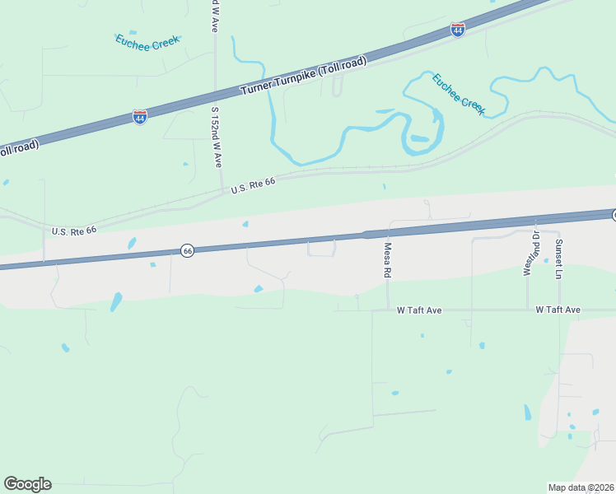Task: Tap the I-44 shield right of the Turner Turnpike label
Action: pos(458,30)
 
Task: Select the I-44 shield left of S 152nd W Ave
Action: pos(140,117)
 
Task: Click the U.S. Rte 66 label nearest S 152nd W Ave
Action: pos(253,187)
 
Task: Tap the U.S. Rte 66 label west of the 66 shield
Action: pos(73,231)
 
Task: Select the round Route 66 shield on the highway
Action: pos(188,250)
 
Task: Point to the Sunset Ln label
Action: pos(558,258)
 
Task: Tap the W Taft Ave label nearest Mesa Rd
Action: pos(419,310)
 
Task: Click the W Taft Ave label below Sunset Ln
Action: pos(558,310)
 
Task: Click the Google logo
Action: pos(28,484)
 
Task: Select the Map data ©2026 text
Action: pos(580,487)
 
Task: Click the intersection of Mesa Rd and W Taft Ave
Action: pos(387,310)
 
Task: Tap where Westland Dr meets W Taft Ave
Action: pos(528,310)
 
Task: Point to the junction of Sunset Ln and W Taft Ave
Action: pos(560,310)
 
